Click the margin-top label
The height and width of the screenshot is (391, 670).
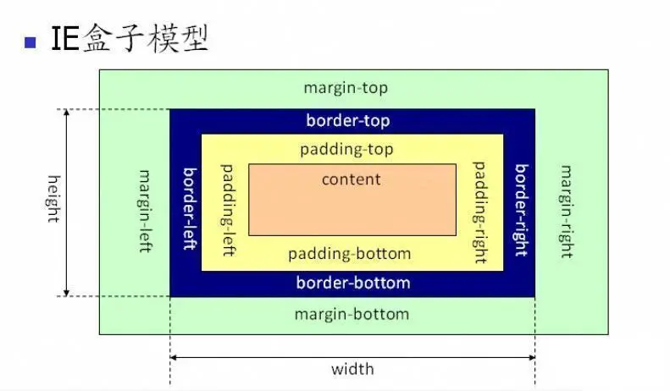tap(346, 88)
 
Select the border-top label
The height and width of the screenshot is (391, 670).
tap(348, 120)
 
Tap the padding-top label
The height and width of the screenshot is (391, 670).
tap(346, 150)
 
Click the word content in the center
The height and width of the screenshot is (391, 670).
tap(351, 179)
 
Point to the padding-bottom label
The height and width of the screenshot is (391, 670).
tap(349, 254)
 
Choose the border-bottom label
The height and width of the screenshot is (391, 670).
tap(352, 283)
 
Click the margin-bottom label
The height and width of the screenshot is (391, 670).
tap(352, 314)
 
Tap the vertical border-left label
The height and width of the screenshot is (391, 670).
tap(190, 207)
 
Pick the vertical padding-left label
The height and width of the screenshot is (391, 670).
tap(227, 211)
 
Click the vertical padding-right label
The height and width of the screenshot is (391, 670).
tap(479, 211)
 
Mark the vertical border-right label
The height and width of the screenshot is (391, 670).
tap(521, 209)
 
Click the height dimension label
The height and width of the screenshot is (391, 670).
tap(53, 198)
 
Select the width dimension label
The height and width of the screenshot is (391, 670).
tap(352, 369)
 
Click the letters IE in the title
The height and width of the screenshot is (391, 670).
tap(66, 39)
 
